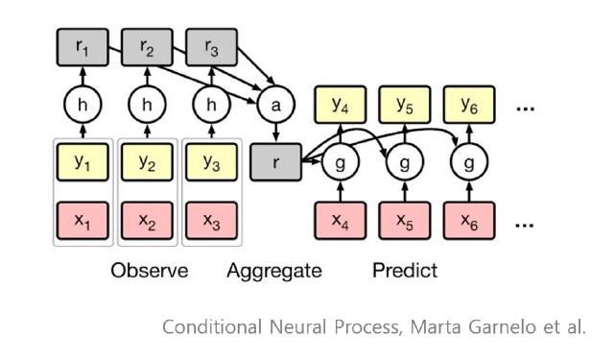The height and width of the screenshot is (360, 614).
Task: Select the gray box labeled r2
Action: click(x=145, y=45)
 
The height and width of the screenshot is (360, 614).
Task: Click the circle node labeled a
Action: click(x=275, y=106)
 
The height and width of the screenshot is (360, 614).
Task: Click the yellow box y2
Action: click(x=145, y=162)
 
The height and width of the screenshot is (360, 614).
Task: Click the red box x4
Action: click(x=339, y=222)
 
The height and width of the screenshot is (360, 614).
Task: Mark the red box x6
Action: click(x=467, y=222)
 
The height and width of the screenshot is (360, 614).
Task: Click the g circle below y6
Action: click(x=467, y=163)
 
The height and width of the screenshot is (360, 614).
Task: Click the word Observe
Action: click(x=149, y=271)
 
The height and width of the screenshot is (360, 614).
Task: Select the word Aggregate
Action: click(x=275, y=271)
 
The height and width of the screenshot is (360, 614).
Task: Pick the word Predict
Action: click(x=404, y=271)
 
